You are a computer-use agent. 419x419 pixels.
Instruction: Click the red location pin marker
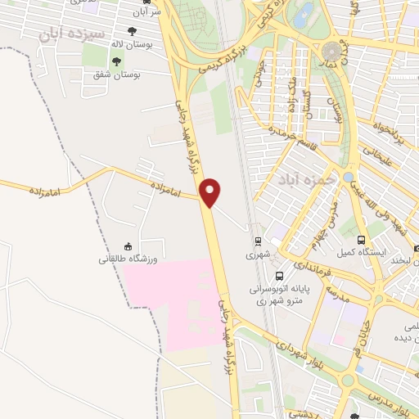(211, 191)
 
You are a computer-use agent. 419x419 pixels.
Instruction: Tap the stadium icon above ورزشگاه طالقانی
(127, 246)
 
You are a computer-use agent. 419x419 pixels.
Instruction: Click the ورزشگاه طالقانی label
(127, 259)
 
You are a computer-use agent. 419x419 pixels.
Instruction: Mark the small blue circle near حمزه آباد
(349, 176)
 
